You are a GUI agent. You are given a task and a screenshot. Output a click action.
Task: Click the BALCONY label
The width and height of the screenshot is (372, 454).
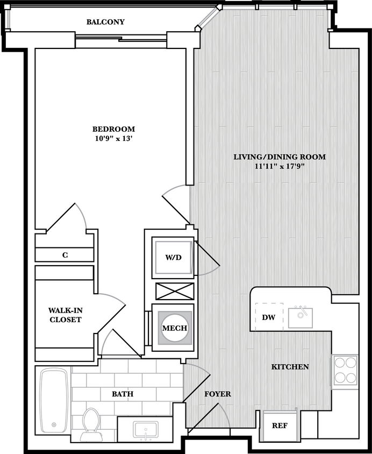pos(105,22)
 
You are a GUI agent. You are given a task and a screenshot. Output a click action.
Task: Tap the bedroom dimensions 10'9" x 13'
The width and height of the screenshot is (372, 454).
pos(113,138)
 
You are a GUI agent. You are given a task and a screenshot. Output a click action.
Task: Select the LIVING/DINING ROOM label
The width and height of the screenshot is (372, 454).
pos(279,157)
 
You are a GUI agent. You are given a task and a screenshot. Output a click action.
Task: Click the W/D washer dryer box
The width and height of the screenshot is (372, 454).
pos(173,257)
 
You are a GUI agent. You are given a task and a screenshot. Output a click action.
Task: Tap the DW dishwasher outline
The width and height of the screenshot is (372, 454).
pos(268,317)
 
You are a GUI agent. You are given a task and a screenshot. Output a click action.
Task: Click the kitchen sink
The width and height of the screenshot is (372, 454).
pos(301,317)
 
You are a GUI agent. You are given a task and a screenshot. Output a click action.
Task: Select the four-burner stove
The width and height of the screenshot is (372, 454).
pos(345,370)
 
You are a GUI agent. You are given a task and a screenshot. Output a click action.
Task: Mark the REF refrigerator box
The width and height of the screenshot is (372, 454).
pos(279,425)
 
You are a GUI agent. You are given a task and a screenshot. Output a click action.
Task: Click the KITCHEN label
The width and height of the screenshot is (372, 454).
pos(290,367)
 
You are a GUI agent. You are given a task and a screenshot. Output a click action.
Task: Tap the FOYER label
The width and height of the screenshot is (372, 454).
pos(218,394)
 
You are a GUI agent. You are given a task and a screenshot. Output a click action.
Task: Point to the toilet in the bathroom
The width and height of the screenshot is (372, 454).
pos(91,423)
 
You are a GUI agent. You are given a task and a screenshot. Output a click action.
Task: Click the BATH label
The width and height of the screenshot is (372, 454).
pos(123,394)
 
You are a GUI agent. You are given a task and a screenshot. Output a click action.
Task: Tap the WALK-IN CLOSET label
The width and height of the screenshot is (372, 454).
pos(65,315)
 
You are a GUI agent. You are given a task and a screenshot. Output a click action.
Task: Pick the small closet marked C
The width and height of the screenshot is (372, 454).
pos(65,255)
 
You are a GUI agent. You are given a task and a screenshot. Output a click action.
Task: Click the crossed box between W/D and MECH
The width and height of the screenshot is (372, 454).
pos(174,291)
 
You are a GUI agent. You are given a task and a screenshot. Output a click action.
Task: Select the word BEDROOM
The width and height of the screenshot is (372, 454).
pos(113,129)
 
